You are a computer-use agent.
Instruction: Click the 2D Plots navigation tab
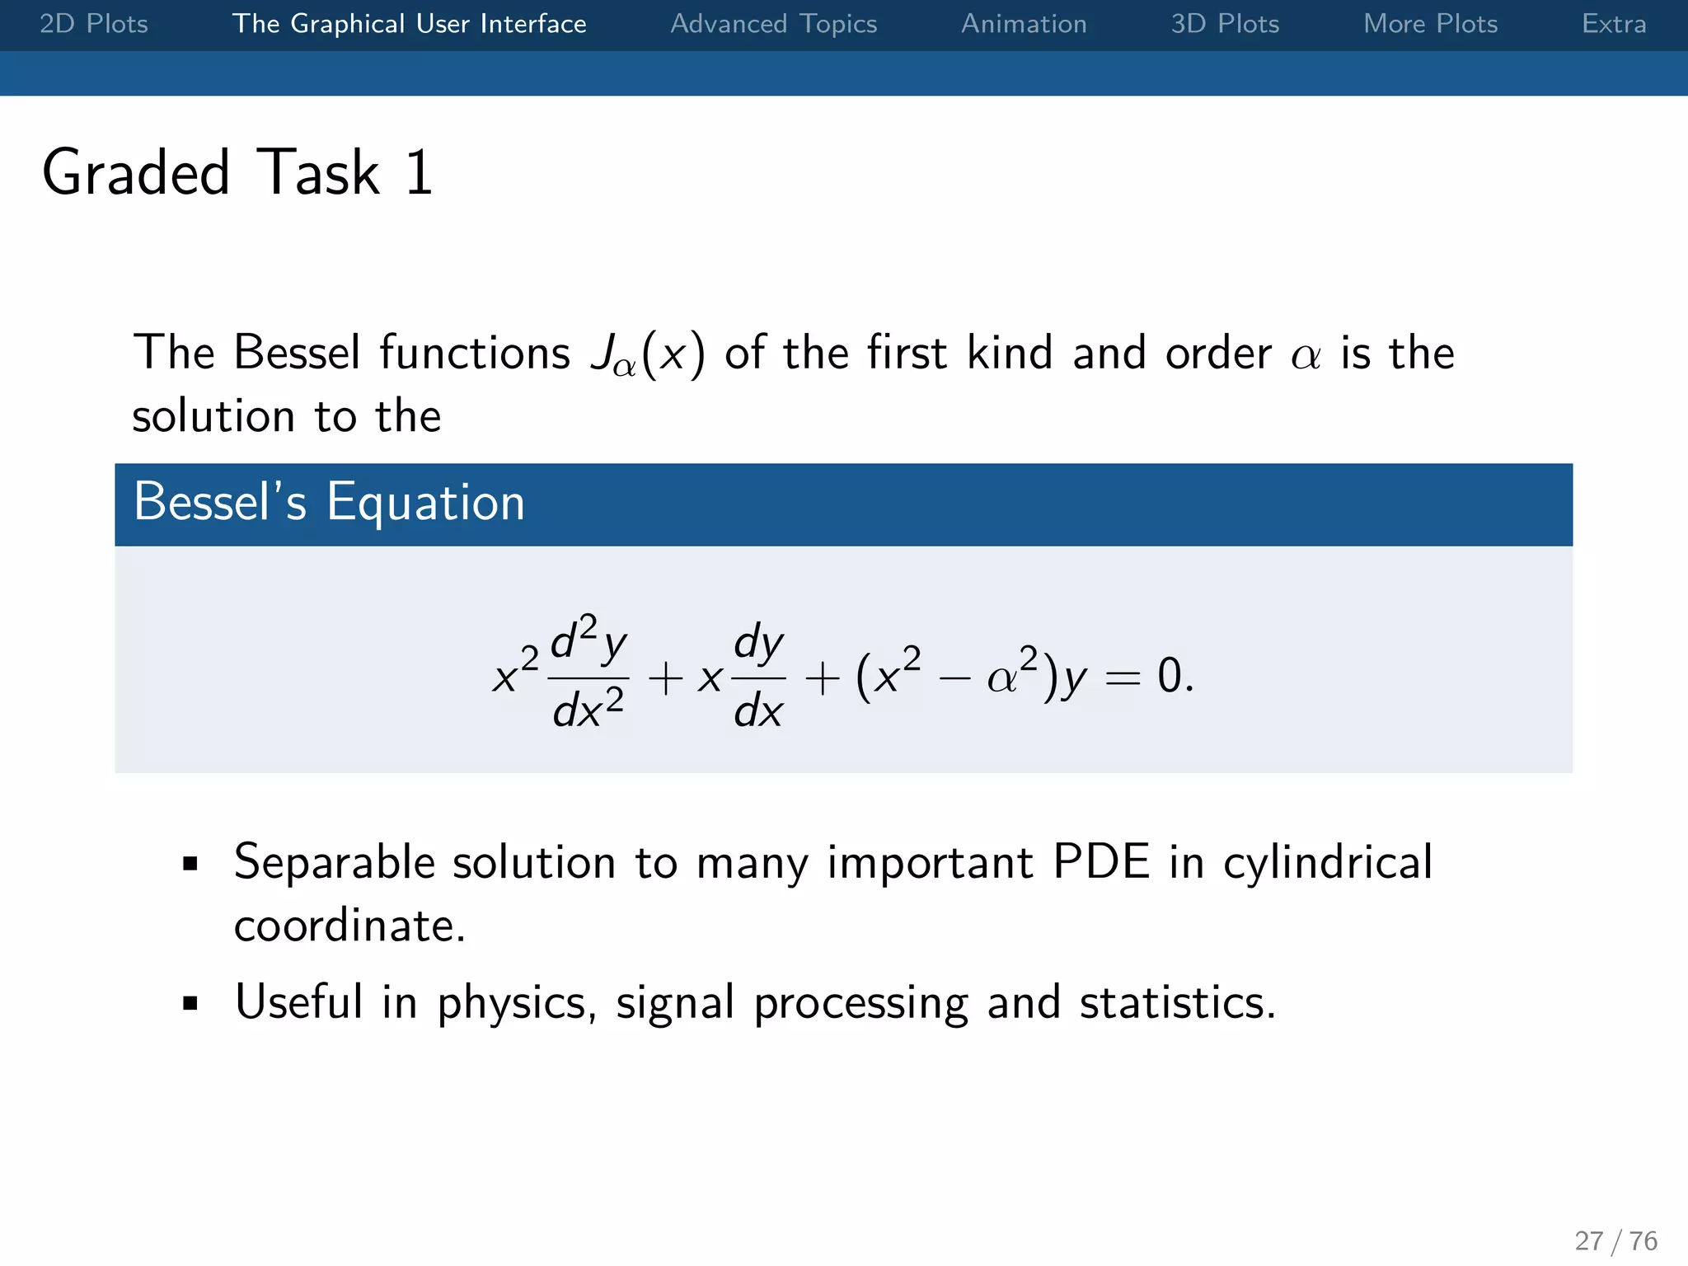[x=94, y=24]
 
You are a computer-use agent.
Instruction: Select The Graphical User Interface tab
[x=409, y=24]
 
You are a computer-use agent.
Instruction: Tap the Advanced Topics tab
[x=773, y=24]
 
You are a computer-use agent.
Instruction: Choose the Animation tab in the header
[x=1024, y=24]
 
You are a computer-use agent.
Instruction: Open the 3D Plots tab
[x=1225, y=24]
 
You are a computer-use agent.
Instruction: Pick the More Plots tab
[x=1430, y=24]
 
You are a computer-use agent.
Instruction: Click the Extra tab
[x=1613, y=24]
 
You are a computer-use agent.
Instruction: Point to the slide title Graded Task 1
[x=237, y=173]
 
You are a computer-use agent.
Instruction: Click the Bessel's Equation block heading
[x=330, y=503]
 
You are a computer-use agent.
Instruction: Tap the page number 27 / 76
[x=1615, y=1240]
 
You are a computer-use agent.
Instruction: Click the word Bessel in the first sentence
[x=298, y=353]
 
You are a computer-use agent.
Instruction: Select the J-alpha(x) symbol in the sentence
[x=648, y=354]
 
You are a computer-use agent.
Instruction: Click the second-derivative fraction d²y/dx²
[x=588, y=674]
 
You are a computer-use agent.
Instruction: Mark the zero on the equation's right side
[x=1169, y=676]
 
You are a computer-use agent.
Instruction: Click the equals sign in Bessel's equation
[x=1123, y=678]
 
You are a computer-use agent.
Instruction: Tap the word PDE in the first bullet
[x=1101, y=863]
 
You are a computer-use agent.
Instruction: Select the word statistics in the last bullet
[x=1176, y=1003]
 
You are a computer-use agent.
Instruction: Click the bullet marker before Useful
[x=191, y=1004]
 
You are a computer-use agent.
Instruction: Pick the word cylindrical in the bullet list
[x=1327, y=863]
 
